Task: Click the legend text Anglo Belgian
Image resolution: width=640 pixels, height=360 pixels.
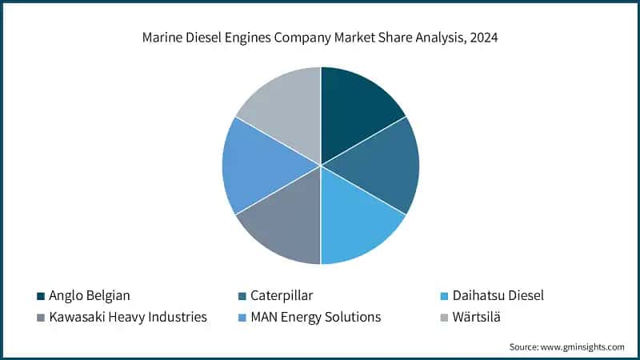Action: pos(90,295)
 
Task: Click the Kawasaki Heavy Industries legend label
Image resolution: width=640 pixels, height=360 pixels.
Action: pos(127,317)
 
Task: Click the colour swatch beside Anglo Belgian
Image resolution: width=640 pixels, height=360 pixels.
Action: pos(40,296)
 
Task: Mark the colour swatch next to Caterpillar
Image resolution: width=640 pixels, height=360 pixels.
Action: pos(244,296)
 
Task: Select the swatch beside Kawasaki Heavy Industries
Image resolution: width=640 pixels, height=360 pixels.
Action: pos(40,318)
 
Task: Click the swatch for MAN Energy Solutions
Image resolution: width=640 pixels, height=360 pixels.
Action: pos(244,318)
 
